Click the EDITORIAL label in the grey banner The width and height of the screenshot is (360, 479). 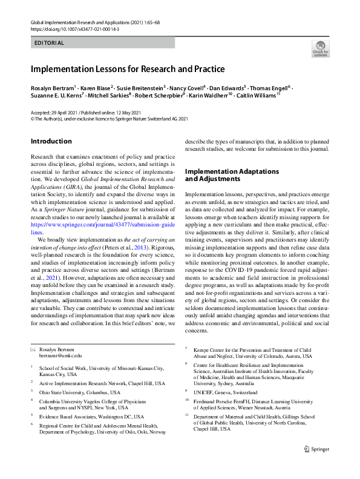pyautogui.click(x=50, y=43)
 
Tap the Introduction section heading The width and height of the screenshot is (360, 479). pyautogui.click(x=51, y=142)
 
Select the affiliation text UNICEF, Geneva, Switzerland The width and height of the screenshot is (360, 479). pyautogui.click(x=225, y=392)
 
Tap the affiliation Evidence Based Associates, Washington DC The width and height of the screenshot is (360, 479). pyautogui.click(x=91, y=417)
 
